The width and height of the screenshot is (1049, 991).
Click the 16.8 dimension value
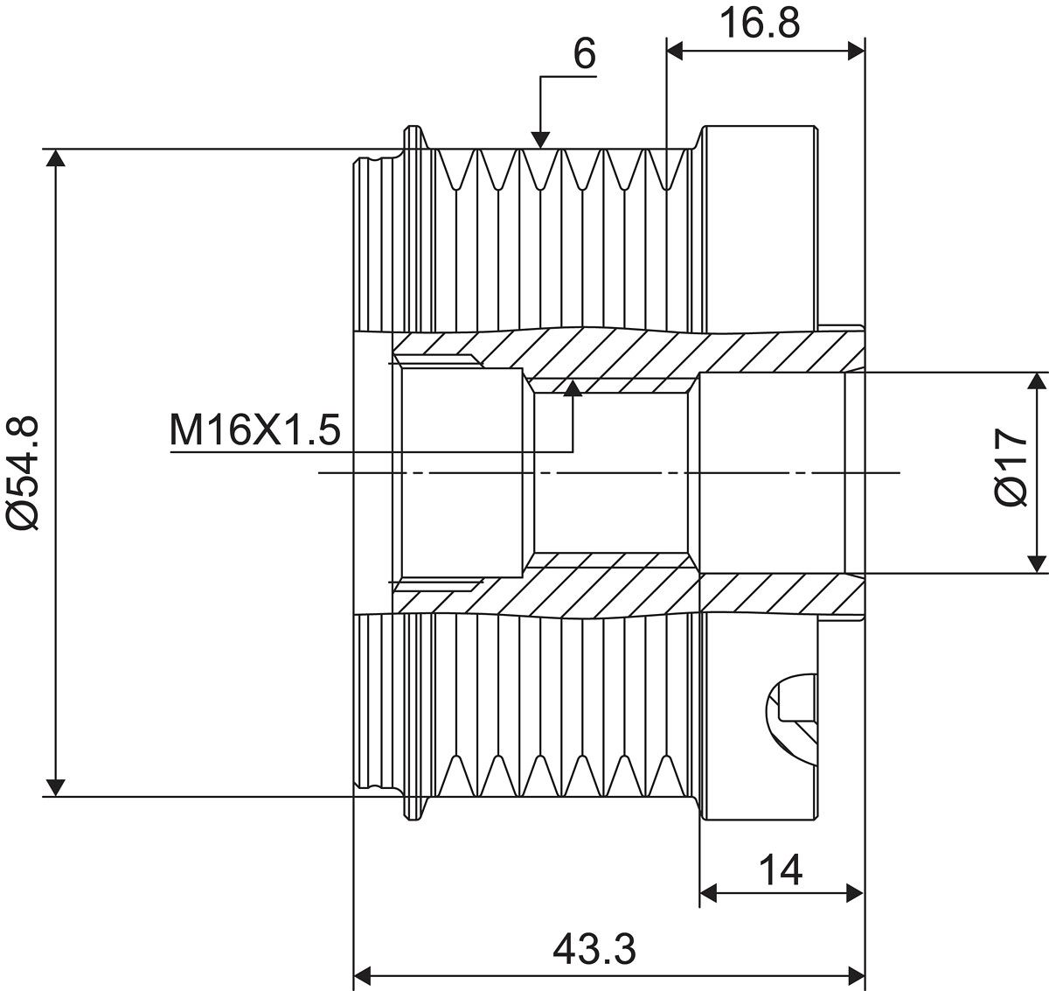click(760, 24)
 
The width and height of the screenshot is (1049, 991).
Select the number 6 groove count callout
click(584, 53)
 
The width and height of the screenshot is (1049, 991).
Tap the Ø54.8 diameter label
click(24, 472)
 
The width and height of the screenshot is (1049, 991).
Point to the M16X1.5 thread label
click(254, 430)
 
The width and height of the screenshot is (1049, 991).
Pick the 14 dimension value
click(780, 870)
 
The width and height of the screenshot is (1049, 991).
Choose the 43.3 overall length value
click(594, 949)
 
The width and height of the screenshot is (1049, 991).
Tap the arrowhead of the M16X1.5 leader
click(573, 387)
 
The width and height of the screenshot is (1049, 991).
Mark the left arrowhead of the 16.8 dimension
click(676, 52)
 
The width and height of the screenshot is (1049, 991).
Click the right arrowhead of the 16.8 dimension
click(856, 52)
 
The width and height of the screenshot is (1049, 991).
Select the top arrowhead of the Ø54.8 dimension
click(56, 158)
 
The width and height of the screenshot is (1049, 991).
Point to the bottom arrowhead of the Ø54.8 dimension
click(56, 787)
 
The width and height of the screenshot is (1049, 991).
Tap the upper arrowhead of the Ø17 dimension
click(1038, 381)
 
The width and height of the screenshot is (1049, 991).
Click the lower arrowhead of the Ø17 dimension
click(1038, 564)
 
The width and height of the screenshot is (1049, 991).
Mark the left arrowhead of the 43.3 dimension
click(362, 974)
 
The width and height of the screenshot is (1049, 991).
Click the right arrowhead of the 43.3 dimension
click(856, 974)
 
